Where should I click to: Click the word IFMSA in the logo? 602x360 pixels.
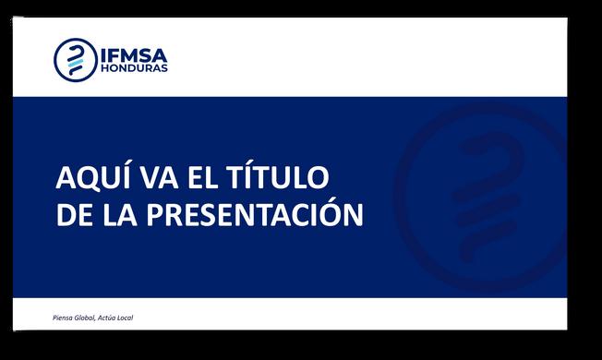coord(134,55)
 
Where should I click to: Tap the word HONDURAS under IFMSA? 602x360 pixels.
coord(134,68)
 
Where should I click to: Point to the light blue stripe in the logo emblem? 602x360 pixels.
coord(76,63)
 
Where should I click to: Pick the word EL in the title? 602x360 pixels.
coord(203,177)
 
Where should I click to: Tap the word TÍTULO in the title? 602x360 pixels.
coord(278,175)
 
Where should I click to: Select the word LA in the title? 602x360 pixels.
coord(119,214)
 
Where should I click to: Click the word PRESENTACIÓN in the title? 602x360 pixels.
coord(255,212)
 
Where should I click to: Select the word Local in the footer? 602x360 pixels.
coord(125,318)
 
